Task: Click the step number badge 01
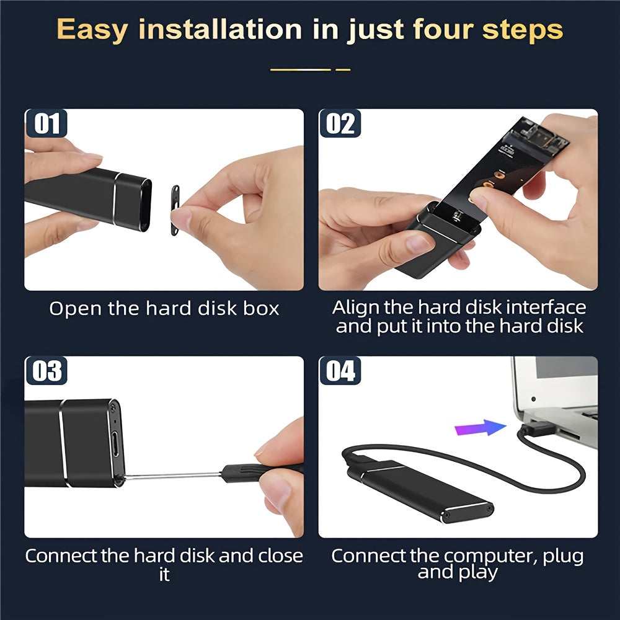pyautogui.click(x=46, y=123)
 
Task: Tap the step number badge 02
pyautogui.click(x=340, y=123)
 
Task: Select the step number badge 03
pyautogui.click(x=46, y=371)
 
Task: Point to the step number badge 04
pyautogui.click(x=340, y=371)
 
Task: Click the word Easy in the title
pyautogui.click(x=92, y=30)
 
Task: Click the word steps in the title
pyautogui.click(x=522, y=30)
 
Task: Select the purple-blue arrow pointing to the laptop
pyautogui.click(x=480, y=428)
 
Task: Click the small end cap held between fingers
pyautogui.click(x=175, y=210)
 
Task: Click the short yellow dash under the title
pyautogui.click(x=343, y=69)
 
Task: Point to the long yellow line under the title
pyautogui.click(x=301, y=69)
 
